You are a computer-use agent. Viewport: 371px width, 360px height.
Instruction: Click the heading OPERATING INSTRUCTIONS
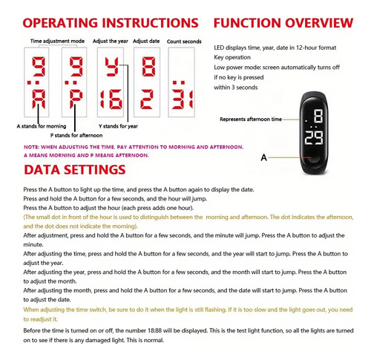111,23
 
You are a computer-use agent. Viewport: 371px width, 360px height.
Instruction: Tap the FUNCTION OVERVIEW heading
283,23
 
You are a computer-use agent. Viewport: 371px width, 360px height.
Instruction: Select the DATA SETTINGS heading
75,170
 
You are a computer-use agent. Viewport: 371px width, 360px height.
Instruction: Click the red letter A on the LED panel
39,99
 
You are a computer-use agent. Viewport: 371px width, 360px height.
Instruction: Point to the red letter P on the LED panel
76,99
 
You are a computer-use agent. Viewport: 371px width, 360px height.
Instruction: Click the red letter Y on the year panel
112,67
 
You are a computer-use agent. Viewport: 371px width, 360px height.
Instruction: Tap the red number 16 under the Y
111,99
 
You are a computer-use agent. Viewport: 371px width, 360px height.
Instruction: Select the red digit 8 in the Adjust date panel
148,67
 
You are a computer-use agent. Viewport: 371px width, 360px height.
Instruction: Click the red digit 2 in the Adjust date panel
147,99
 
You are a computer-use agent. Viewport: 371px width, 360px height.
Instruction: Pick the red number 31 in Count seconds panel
183,99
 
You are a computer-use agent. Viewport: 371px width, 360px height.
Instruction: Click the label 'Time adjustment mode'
57,41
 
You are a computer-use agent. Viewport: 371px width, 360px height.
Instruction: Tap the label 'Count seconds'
184,42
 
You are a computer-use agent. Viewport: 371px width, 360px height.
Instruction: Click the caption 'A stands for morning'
42,126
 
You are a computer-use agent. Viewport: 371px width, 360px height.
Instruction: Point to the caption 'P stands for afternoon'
76,135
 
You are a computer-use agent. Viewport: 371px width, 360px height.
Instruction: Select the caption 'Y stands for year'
118,126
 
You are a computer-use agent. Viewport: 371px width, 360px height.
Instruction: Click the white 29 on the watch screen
314,138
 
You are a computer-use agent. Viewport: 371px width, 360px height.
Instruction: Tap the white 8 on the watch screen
318,116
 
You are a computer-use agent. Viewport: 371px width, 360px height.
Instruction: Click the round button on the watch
314,159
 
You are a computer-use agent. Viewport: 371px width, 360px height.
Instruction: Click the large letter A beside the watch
264,157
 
